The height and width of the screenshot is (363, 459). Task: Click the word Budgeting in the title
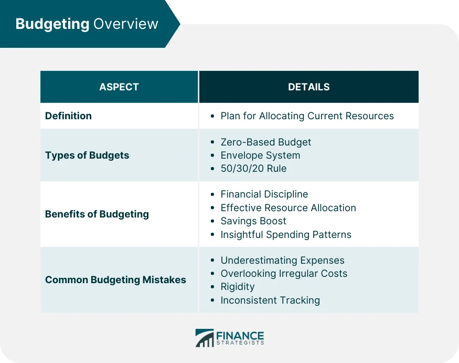point(52,24)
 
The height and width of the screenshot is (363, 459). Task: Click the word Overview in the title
point(125,24)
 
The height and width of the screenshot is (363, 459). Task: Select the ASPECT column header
point(119,87)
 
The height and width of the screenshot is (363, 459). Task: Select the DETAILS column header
point(308,87)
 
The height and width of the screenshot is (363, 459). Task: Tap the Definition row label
point(68,116)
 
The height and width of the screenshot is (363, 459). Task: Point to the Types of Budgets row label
point(87,155)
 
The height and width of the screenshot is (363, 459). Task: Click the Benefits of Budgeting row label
point(97,214)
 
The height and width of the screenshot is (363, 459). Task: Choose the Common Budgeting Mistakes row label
point(115,280)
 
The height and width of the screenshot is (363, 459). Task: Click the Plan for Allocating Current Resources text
point(307,116)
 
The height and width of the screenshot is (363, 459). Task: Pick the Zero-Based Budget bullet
point(265,142)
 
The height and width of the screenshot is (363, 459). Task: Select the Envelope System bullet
point(260,155)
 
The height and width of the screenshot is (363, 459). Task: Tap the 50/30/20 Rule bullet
point(253,169)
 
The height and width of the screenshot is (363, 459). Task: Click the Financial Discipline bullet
point(264,194)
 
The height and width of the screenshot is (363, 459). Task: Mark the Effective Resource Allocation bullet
point(288,208)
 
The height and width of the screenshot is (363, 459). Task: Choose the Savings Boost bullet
point(253,221)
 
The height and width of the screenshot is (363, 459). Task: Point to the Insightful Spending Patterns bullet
point(286,234)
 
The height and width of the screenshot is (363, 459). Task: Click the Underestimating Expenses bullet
point(282,261)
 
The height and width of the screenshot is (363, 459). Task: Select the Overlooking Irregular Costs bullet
point(284,274)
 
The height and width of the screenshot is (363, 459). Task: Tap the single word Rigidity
point(238,287)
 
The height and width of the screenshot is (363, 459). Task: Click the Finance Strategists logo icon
point(205,338)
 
